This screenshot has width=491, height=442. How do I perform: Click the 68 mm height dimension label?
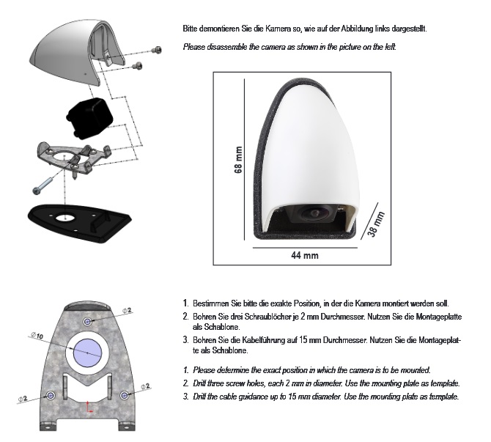pyautogui.click(x=238, y=160)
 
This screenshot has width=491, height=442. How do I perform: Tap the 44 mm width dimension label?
pyautogui.click(x=305, y=255)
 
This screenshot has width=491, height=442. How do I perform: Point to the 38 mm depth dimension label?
pyautogui.click(x=376, y=224)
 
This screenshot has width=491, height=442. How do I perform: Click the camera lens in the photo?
pyautogui.click(x=314, y=213)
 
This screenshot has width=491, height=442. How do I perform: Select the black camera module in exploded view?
pyautogui.click(x=89, y=119)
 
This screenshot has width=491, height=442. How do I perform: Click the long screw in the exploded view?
pyautogui.click(x=43, y=186)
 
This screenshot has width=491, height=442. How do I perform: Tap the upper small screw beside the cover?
pyautogui.click(x=157, y=50)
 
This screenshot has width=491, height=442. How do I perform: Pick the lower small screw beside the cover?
pyautogui.click(x=138, y=66)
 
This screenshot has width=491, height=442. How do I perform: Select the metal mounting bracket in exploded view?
pyautogui.click(x=74, y=158)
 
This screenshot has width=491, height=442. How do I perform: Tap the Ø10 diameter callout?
pyautogui.click(x=37, y=336)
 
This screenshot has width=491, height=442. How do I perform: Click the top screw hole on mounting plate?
pyautogui.click(x=88, y=321)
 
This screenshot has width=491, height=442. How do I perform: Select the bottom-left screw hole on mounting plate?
pyautogui.click(x=50, y=395)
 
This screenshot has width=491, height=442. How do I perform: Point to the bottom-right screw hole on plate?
pyautogui.click(x=125, y=395)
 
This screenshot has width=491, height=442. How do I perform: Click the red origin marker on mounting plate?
pyautogui.click(x=89, y=407)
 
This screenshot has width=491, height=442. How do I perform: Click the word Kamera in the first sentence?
pyautogui.click(x=278, y=29)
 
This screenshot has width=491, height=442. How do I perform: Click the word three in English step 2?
pyautogui.click(x=215, y=383)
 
